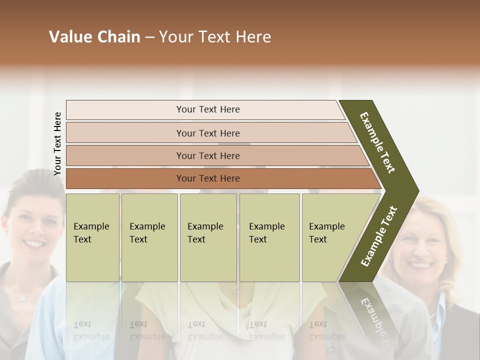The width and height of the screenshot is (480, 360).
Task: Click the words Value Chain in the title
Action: (x=94, y=37)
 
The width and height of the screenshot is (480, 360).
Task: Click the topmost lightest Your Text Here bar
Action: (x=207, y=109)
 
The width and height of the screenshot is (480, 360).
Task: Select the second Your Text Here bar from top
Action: (x=207, y=133)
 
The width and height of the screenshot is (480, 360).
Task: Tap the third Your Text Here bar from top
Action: (x=207, y=155)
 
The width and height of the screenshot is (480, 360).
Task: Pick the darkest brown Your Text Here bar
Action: (x=207, y=178)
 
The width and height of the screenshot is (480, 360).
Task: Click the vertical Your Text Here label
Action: (x=57, y=143)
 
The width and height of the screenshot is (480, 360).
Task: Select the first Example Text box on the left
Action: (x=92, y=237)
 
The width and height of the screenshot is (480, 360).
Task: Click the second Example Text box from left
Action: (x=149, y=237)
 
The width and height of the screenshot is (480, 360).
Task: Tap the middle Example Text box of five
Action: (x=208, y=237)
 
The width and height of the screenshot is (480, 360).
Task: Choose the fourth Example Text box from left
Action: (x=269, y=237)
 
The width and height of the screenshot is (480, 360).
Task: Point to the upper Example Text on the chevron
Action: (x=377, y=142)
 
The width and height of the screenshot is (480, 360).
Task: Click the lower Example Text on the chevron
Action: (x=379, y=236)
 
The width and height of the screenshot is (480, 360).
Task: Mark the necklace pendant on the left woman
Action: (x=22, y=298)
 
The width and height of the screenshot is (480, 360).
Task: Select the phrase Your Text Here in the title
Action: (x=215, y=37)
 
